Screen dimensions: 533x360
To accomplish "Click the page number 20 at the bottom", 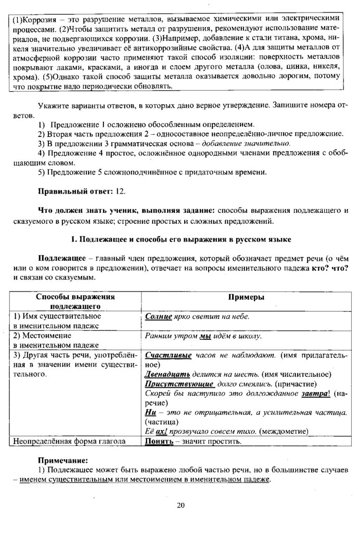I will tap(181, 505).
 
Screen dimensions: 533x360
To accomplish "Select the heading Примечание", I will tap(63, 460).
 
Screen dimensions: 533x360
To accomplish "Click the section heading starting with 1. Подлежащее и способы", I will tap(180, 239).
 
